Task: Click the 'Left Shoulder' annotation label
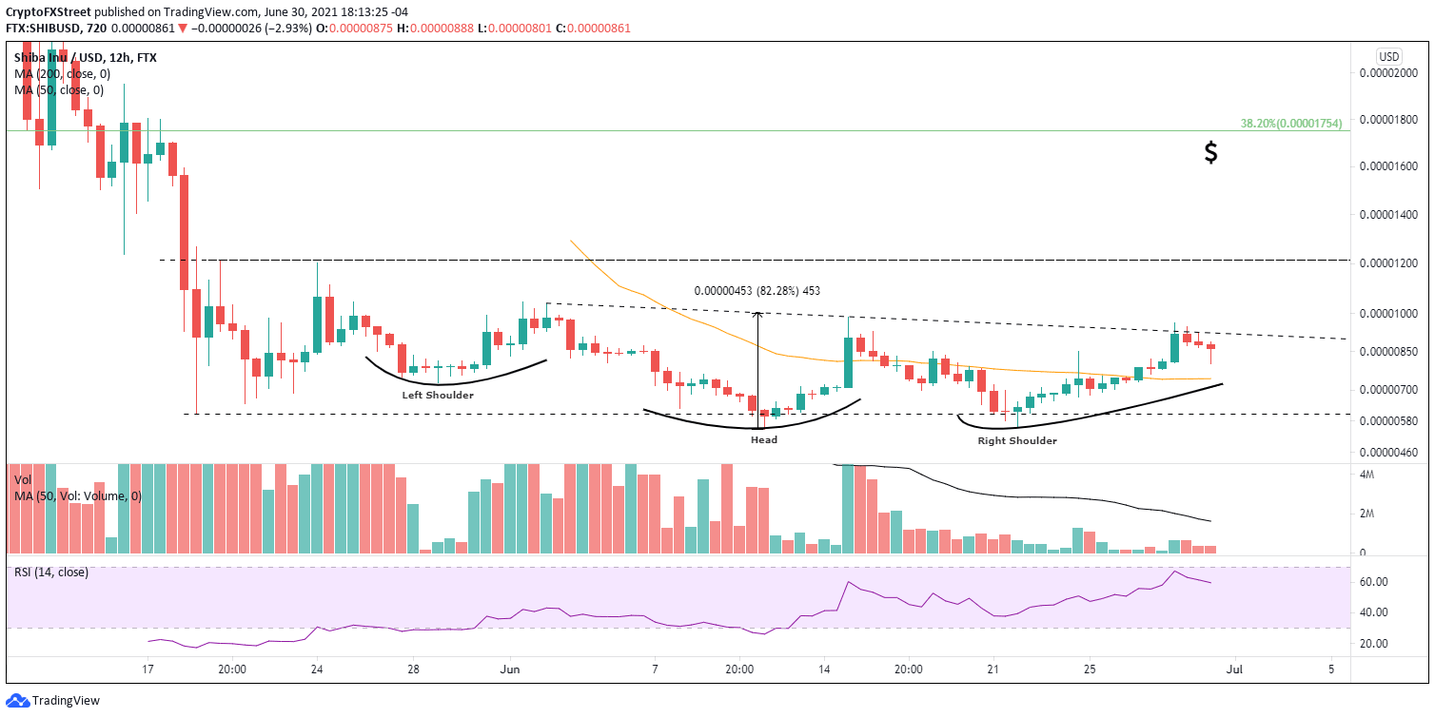tap(437, 395)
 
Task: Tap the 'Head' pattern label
tap(763, 440)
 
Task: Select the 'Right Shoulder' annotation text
tap(1017, 441)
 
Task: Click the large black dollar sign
tap(1210, 152)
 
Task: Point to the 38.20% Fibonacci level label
tap(1293, 124)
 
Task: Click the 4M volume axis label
tap(1366, 475)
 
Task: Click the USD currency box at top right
tap(1388, 56)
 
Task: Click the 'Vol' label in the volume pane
tap(24, 480)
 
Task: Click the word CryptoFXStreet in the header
tap(47, 12)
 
